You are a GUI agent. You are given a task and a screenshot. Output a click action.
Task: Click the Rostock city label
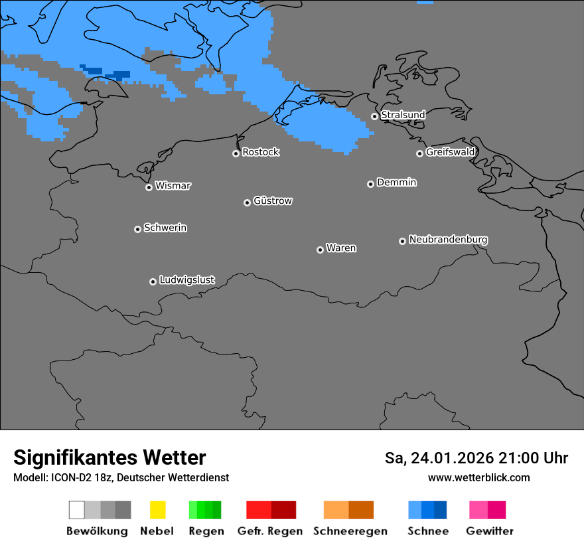[x=260, y=152]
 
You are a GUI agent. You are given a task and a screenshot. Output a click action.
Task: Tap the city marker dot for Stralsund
[x=374, y=116]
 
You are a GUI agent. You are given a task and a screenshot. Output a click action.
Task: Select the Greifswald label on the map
[x=450, y=152]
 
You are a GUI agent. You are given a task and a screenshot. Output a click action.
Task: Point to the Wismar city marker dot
[x=149, y=187]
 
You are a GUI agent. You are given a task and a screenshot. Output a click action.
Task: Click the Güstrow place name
[x=272, y=200]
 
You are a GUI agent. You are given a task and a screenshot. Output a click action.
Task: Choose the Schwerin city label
[x=165, y=228]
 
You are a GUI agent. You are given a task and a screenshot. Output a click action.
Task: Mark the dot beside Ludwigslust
[x=153, y=281]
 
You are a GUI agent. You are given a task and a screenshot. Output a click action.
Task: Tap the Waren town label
[x=341, y=248]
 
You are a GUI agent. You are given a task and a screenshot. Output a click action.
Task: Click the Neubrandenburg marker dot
[x=402, y=241]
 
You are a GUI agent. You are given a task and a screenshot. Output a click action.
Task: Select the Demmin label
[x=396, y=182]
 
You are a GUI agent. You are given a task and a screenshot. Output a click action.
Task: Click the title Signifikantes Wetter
[x=110, y=457]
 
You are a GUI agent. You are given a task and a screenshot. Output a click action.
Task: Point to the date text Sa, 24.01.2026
[x=439, y=458]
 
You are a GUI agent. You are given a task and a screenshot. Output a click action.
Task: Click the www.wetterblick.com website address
[x=478, y=477]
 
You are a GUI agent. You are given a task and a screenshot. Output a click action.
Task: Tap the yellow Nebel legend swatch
[x=157, y=510]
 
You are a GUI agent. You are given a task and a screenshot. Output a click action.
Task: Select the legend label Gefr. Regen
[x=270, y=531]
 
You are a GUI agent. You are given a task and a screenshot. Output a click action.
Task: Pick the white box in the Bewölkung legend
[x=77, y=510]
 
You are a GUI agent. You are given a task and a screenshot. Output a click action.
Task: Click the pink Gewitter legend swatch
[x=478, y=510]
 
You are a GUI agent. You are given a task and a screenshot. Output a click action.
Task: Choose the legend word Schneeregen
[x=350, y=531]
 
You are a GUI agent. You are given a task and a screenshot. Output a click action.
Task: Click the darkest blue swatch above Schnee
[x=441, y=510]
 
